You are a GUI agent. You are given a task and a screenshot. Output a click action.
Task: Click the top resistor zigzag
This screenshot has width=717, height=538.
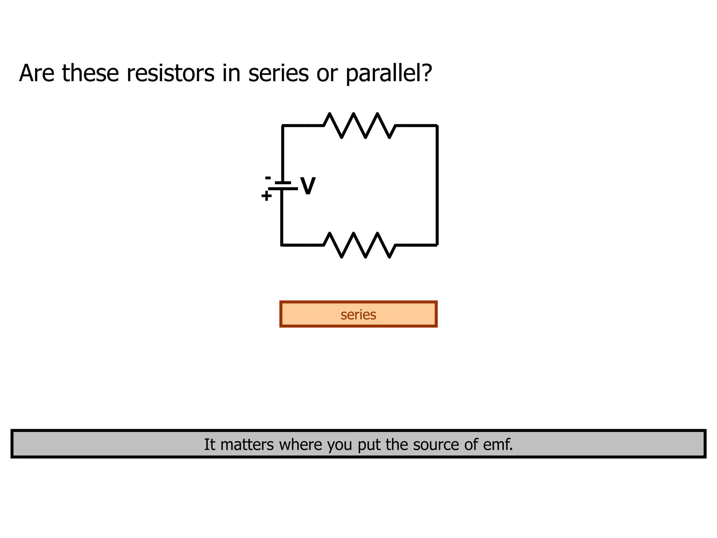360,125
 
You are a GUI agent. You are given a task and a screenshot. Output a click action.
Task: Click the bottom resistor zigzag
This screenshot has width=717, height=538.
360,245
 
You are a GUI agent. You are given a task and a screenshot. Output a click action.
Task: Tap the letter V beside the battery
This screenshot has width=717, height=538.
308,186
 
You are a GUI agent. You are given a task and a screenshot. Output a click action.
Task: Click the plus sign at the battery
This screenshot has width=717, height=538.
266,196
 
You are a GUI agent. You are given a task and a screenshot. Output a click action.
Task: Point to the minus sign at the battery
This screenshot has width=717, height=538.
268,178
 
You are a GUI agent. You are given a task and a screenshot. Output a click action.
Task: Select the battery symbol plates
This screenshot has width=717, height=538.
283,186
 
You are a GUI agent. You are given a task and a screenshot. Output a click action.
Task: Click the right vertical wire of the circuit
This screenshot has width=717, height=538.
437,185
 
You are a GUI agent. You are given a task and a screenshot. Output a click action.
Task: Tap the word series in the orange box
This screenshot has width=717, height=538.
358,315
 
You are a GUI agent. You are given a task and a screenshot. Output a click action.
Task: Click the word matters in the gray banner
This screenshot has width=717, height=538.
247,444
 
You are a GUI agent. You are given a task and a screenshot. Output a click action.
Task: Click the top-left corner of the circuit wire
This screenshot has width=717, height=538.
283,125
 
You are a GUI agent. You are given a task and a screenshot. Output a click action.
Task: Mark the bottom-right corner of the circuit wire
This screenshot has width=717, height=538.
437,245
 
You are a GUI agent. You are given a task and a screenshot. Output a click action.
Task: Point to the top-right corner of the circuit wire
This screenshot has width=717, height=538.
437,125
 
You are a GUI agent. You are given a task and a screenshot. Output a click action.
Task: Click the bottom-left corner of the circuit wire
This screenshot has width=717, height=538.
282,245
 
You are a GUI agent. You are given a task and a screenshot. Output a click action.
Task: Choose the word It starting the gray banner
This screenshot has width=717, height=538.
209,444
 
